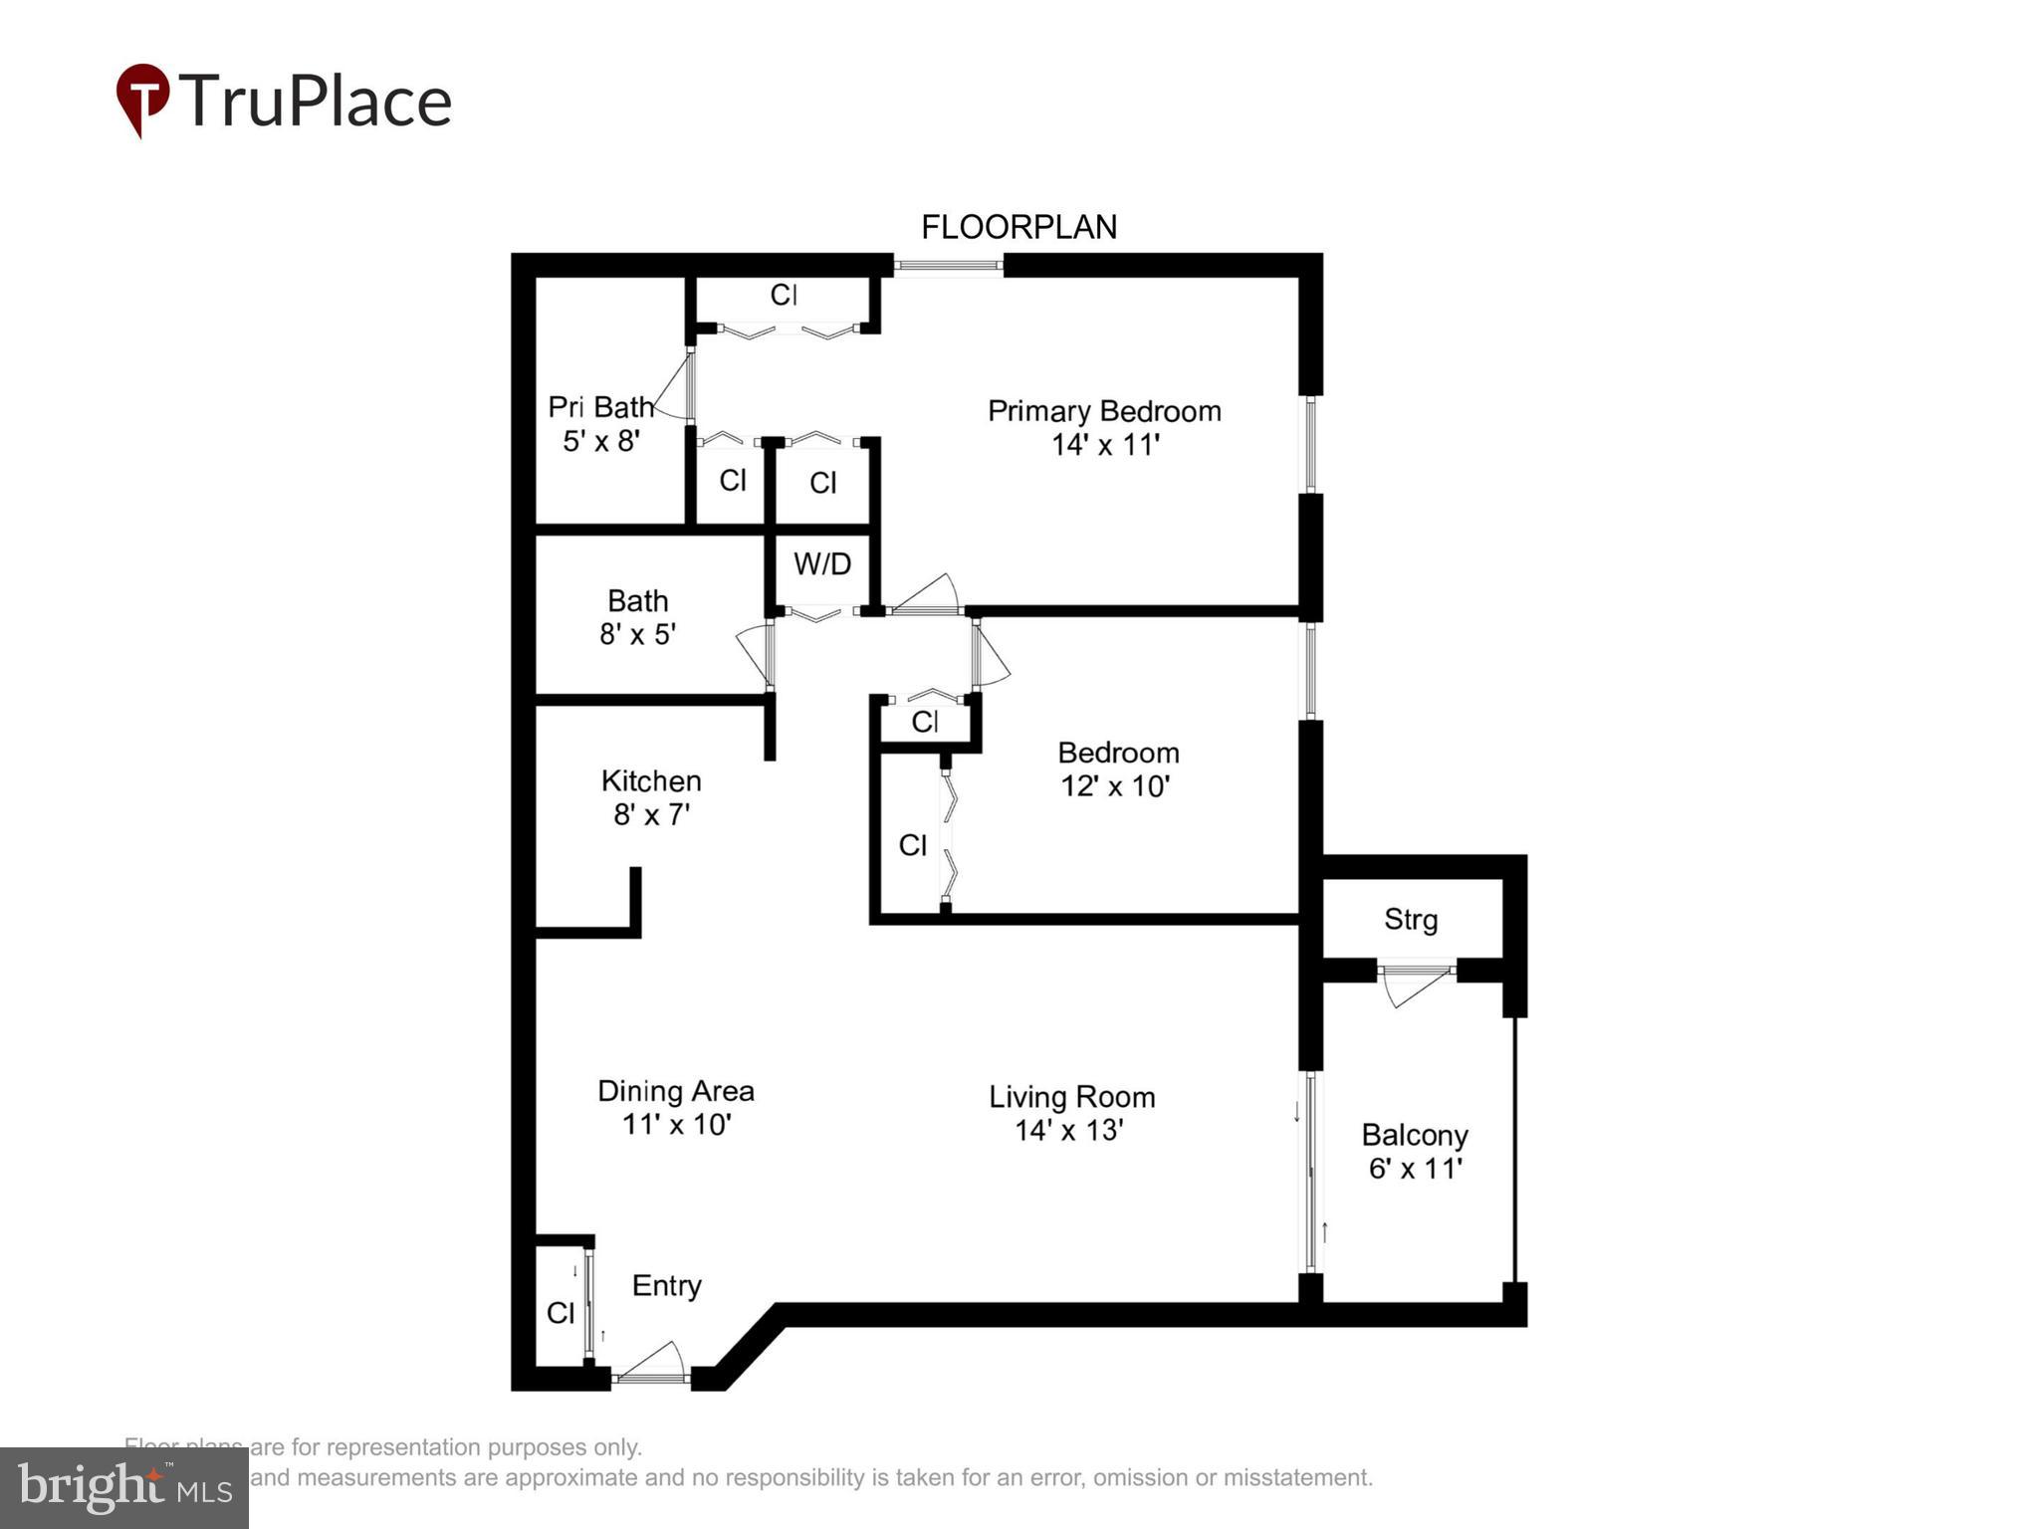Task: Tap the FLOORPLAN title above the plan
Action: pyautogui.click(x=1018, y=227)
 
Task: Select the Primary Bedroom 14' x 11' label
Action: pyautogui.click(x=1103, y=427)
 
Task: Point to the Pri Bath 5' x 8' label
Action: pyautogui.click(x=600, y=423)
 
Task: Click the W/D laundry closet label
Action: pyautogui.click(x=821, y=564)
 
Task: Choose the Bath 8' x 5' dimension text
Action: pyautogui.click(x=637, y=634)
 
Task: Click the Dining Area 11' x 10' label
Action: pyautogui.click(x=675, y=1107)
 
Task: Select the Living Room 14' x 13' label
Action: pyautogui.click(x=1071, y=1113)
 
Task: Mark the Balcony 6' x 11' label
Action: pyautogui.click(x=1414, y=1151)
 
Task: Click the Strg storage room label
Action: pyautogui.click(x=1411, y=919)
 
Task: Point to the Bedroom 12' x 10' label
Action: pyautogui.click(x=1117, y=768)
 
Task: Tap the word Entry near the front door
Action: pyautogui.click(x=666, y=1285)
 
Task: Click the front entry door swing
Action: pyautogui.click(x=652, y=1364)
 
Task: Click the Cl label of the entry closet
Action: pyautogui.click(x=561, y=1313)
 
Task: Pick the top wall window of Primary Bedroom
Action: pyautogui.click(x=947, y=265)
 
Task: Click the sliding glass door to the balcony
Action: pyautogui.click(x=1311, y=1172)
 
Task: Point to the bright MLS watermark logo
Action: pyautogui.click(x=124, y=1487)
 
